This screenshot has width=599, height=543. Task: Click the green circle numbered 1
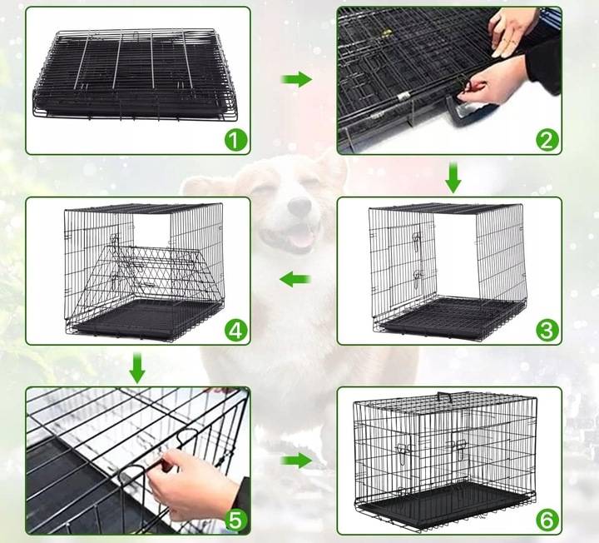[x=235, y=140]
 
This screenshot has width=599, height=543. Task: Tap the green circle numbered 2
[x=547, y=140]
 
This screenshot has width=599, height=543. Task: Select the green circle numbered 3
[x=547, y=330]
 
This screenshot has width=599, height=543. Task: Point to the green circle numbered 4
[x=235, y=330]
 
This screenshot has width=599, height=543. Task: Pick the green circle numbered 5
[x=235, y=520]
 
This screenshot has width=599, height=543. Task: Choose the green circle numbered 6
[x=547, y=520]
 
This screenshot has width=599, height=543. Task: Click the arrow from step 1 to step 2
[x=296, y=79]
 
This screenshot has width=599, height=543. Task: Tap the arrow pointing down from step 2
[x=453, y=177]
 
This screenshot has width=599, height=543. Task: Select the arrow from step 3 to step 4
[x=295, y=279]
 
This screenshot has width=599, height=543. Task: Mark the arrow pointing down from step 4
[x=136, y=368]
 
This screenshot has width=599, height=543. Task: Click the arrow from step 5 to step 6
[x=296, y=461]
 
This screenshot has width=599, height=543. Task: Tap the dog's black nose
[x=299, y=207]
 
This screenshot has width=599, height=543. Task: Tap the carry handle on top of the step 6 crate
[x=444, y=396]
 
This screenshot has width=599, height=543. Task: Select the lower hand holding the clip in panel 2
[x=493, y=81]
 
